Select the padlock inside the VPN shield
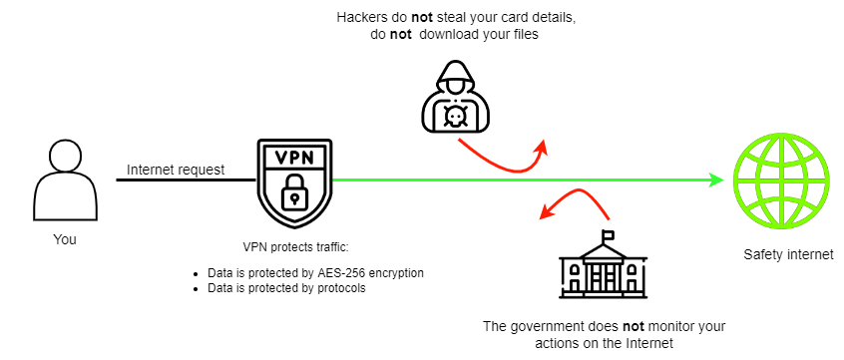point(294,192)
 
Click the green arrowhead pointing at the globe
point(716,180)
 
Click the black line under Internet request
point(187,180)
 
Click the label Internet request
point(176,171)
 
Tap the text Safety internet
point(788,254)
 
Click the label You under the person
point(65,239)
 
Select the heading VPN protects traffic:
point(295,247)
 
